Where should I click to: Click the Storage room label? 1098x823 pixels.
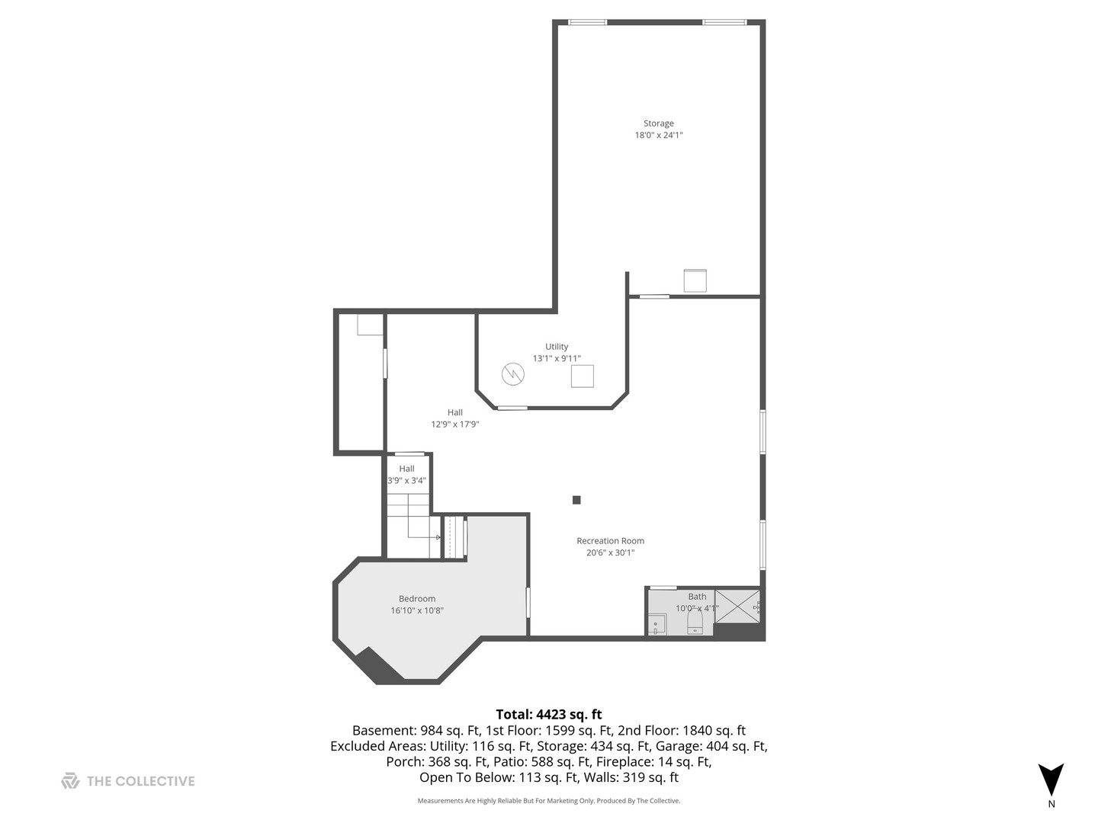(658, 123)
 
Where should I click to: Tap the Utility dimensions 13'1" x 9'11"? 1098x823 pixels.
(557, 358)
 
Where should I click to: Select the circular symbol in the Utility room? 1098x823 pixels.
(513, 374)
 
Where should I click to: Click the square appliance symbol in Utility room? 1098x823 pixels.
(582, 376)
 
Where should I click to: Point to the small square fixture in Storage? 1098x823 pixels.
(695, 280)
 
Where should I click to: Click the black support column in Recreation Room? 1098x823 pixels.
(576, 500)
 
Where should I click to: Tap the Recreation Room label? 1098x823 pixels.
(610, 541)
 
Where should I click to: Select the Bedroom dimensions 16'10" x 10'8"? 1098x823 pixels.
(417, 610)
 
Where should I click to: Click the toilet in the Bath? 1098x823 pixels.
(695, 623)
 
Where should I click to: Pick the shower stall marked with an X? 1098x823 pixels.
(737, 607)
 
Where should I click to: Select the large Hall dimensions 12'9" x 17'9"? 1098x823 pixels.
(455, 424)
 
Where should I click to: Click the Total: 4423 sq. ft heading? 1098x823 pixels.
(548, 714)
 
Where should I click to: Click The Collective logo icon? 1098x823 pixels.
(70, 780)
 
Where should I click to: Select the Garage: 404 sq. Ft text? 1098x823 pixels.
(715, 746)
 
